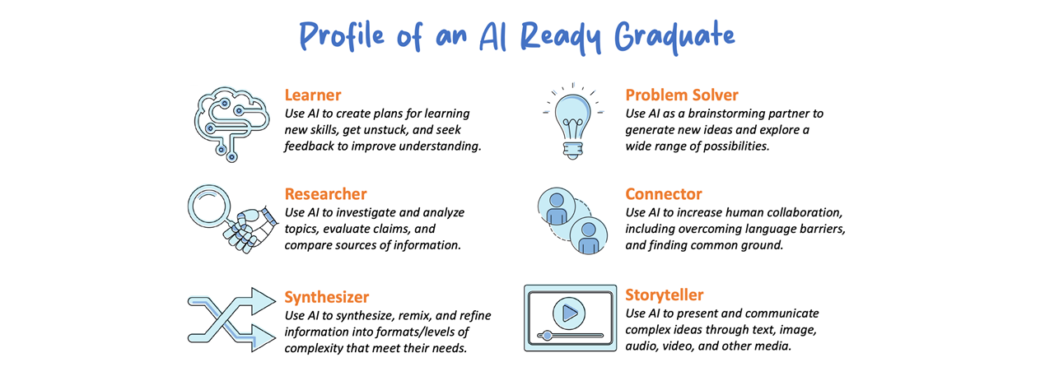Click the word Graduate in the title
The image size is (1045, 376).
click(x=674, y=36)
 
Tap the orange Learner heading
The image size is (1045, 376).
click(x=313, y=95)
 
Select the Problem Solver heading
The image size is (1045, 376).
click(x=682, y=95)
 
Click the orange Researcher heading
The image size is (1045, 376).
click(x=325, y=194)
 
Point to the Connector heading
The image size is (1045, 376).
click(x=664, y=194)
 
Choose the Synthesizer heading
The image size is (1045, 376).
click(x=327, y=297)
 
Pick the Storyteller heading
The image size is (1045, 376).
click(x=665, y=295)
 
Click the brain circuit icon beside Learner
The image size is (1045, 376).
click(x=232, y=124)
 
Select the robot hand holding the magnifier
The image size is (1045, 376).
click(x=250, y=230)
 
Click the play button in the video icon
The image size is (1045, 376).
click(x=569, y=313)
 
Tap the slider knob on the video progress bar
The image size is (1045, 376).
click(x=547, y=336)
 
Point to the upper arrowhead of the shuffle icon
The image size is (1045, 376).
click(x=264, y=301)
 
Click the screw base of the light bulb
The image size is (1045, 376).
click(x=573, y=151)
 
